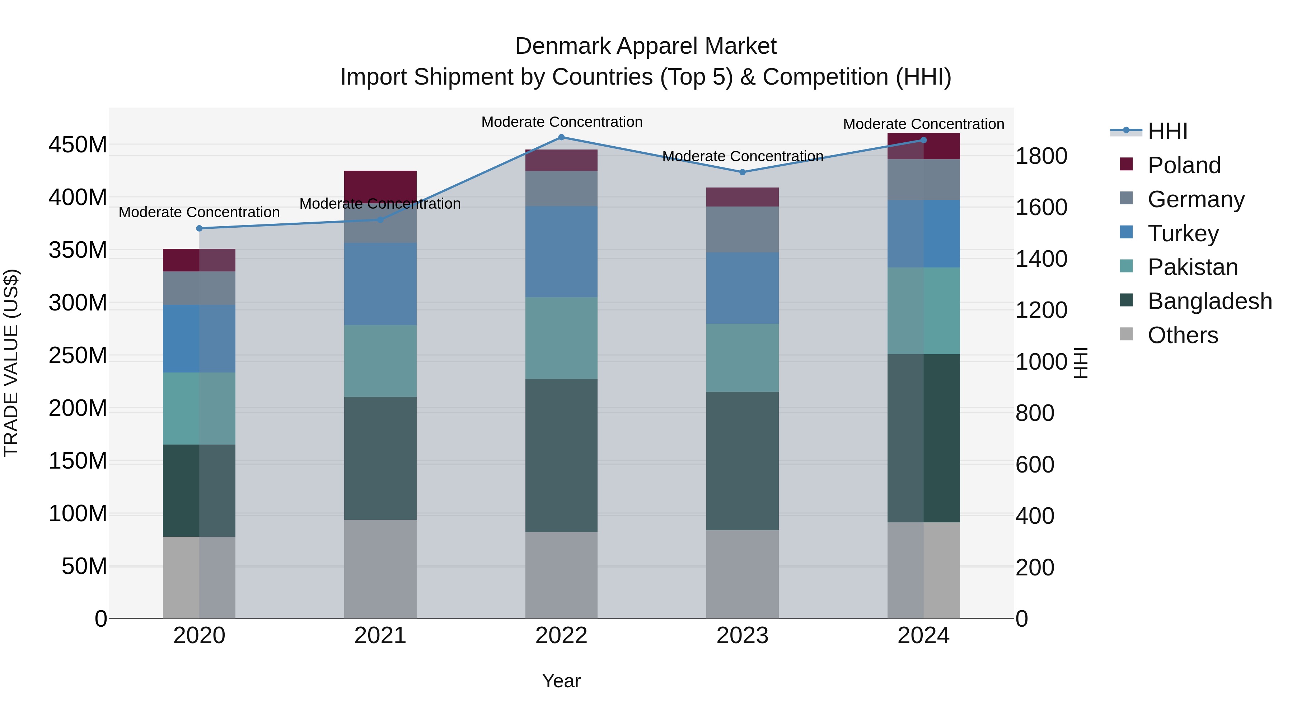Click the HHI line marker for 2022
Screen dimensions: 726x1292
click(561, 137)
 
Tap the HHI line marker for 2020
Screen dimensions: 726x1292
click(199, 228)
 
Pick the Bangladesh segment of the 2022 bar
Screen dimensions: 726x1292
click(561, 455)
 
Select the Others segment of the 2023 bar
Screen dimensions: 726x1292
click(742, 574)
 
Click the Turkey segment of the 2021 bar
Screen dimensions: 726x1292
click(380, 284)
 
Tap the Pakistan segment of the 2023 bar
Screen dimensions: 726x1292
click(742, 358)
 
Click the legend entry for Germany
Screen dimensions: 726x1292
click(1196, 199)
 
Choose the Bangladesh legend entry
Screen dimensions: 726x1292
click(1209, 301)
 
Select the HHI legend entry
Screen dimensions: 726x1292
click(1167, 131)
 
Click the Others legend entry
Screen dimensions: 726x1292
click(1182, 335)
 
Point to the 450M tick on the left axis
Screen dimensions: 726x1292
click(78, 145)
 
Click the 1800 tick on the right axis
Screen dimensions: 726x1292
click(1041, 156)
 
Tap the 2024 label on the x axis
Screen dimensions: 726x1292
click(923, 636)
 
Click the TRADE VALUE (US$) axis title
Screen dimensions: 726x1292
click(11, 363)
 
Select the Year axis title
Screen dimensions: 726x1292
click(561, 681)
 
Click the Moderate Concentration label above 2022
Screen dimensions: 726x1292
click(561, 122)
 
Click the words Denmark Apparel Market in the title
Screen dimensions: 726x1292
click(646, 46)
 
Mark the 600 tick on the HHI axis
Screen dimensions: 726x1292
click(1035, 465)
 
